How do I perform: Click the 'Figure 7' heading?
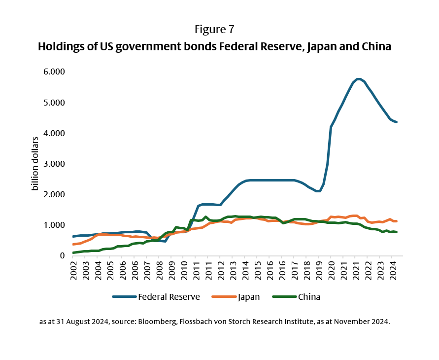click(x=214, y=29)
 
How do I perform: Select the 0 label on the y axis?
click(x=63, y=255)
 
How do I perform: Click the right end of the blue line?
click(x=397, y=122)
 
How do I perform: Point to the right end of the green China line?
click(x=397, y=232)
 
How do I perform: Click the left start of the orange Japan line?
click(x=73, y=244)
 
